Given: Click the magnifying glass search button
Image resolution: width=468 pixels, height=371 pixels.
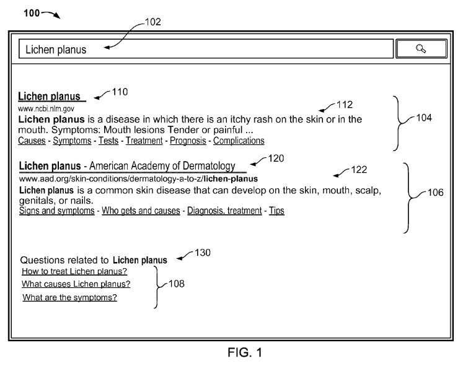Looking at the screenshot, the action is pyautogui.click(x=421, y=48).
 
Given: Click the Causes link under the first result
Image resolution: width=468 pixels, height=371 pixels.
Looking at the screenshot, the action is pyautogui.click(x=32, y=141).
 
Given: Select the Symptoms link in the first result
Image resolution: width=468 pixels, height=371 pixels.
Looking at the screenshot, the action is pyautogui.click(x=72, y=141).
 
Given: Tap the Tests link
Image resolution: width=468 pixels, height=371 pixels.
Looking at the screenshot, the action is pyautogui.click(x=108, y=141).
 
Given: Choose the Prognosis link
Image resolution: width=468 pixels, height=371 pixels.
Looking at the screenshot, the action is pyautogui.click(x=188, y=141).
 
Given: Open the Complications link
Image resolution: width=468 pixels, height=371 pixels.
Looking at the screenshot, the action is pyautogui.click(x=239, y=141).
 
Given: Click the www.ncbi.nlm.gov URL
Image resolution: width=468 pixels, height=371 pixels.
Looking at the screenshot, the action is pyautogui.click(x=46, y=109).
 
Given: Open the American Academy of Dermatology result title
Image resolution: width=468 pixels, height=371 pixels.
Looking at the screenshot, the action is pyautogui.click(x=127, y=166).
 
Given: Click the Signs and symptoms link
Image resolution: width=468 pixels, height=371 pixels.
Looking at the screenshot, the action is pyautogui.click(x=56, y=211).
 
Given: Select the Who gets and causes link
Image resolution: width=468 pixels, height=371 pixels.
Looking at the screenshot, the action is pyautogui.click(x=141, y=211).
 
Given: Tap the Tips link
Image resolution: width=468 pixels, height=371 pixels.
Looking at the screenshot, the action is pyautogui.click(x=276, y=211).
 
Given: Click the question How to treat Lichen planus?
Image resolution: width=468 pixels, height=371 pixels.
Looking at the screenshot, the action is pyautogui.click(x=74, y=271).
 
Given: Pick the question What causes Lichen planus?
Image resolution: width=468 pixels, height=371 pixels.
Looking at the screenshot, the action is pyautogui.click(x=76, y=284).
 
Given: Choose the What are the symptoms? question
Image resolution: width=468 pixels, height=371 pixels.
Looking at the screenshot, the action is pyautogui.click(x=70, y=297).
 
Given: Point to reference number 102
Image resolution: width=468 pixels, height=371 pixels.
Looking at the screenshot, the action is pyautogui.click(x=153, y=22).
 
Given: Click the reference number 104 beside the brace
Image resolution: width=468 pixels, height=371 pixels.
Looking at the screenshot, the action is pyautogui.click(x=424, y=118).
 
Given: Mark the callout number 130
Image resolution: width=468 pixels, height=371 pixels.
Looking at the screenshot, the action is pyautogui.click(x=203, y=253).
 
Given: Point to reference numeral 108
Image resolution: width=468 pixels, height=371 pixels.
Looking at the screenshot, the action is pyautogui.click(x=177, y=284).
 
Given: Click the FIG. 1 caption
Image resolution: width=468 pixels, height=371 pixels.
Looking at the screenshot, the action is pyautogui.click(x=245, y=352).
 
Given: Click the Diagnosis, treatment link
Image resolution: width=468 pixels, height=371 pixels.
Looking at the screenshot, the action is pyautogui.click(x=224, y=211).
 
